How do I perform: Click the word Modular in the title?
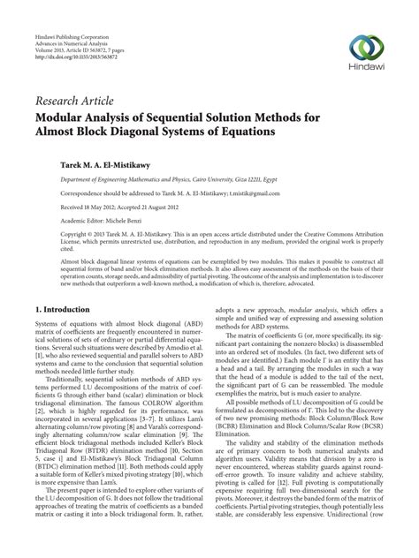tap(65, 117)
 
